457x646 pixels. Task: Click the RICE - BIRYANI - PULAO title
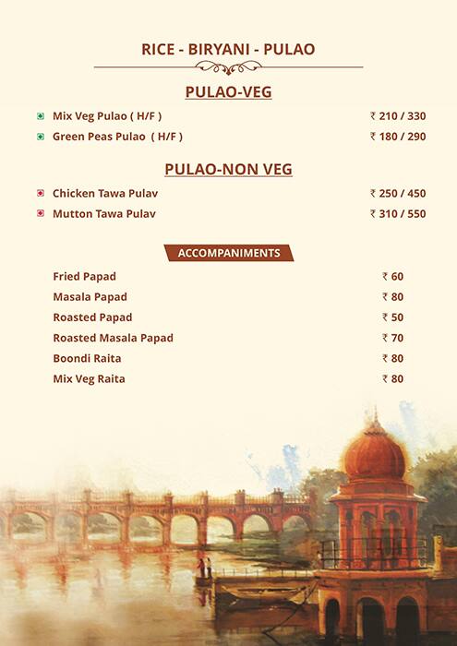coord(228,50)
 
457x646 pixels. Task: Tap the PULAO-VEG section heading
coord(228,92)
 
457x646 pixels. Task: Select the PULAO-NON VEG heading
coord(228,170)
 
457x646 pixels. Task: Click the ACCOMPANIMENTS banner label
coord(228,253)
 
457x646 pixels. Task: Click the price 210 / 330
coord(398,116)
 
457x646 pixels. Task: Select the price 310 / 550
coord(398,214)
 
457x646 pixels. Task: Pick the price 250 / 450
coord(398,194)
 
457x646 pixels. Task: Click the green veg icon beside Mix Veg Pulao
coord(41,116)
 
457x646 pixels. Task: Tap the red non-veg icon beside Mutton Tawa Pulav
coord(41,214)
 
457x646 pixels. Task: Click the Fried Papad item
coord(84,277)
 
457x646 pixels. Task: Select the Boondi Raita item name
coord(87,358)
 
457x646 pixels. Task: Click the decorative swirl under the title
coord(228,67)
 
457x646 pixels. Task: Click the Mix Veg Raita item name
coord(89,378)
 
